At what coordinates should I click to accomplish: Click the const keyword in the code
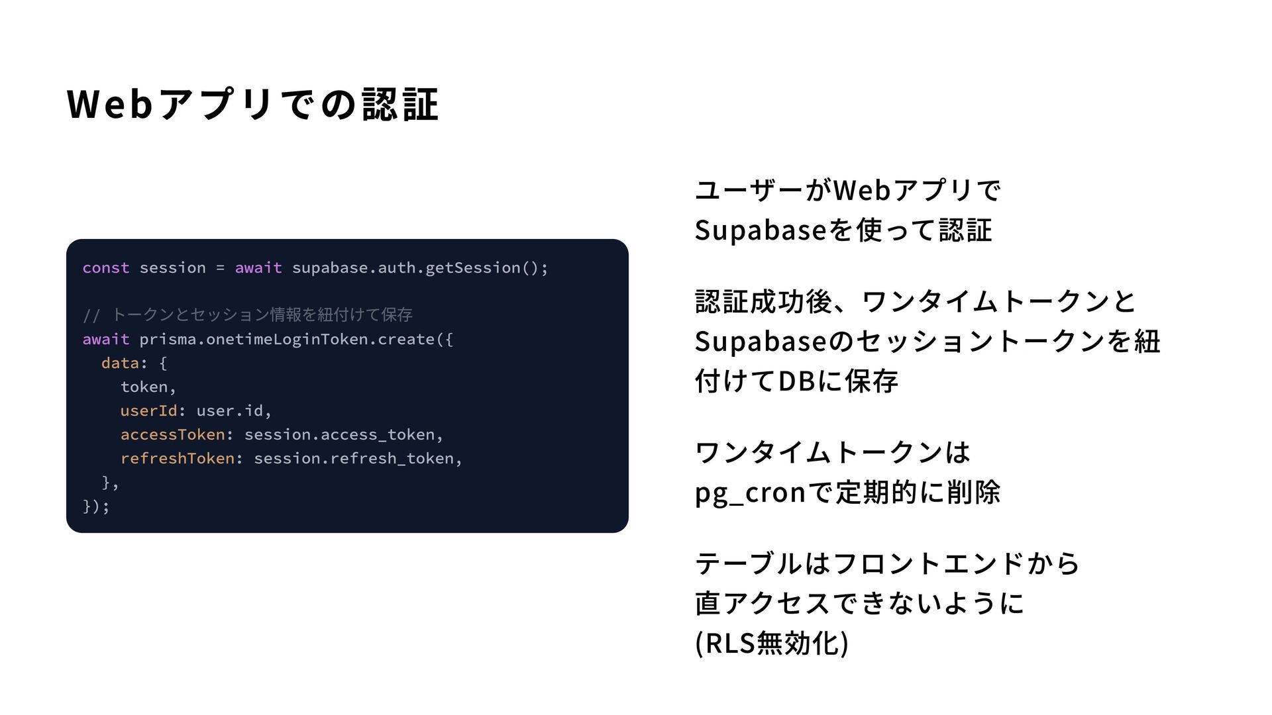coord(106,268)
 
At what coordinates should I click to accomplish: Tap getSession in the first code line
coord(472,268)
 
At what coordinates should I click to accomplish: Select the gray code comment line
coord(248,315)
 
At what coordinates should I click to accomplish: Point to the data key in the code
coord(120,363)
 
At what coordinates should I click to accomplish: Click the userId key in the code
coord(148,411)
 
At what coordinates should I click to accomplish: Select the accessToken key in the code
coord(172,435)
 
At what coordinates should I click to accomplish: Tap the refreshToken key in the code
coord(177,459)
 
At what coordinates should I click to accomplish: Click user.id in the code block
coord(230,411)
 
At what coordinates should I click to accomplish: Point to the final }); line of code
coord(96,506)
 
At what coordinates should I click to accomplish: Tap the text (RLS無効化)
coord(772,643)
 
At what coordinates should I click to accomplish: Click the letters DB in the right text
coord(796,382)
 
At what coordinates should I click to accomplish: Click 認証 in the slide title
coord(400,105)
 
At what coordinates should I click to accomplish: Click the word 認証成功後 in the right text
coord(764,303)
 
